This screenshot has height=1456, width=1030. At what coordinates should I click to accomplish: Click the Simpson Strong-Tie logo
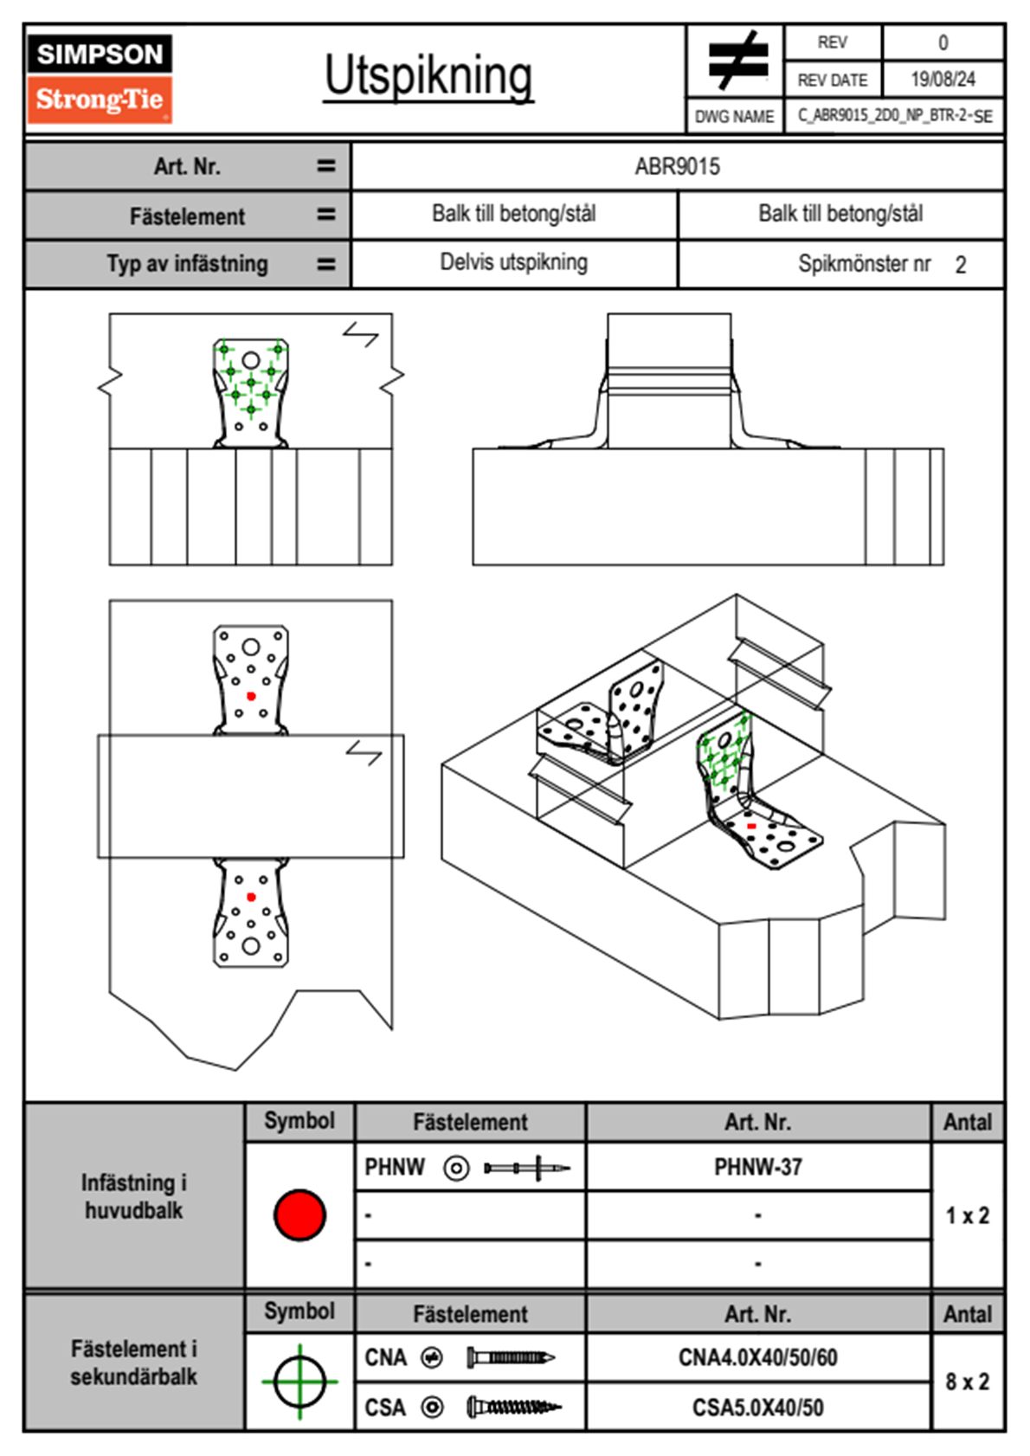100,79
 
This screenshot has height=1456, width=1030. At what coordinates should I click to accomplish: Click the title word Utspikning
428,77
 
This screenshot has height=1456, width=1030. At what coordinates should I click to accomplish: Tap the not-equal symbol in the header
738,60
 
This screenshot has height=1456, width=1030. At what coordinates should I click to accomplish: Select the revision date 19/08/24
943,80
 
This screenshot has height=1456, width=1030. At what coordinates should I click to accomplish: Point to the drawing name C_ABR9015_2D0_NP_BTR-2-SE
895,116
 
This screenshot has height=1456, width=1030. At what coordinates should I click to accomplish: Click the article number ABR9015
677,166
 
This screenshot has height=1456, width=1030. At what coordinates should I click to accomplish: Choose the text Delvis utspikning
513,262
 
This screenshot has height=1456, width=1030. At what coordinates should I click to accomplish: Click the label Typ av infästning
187,264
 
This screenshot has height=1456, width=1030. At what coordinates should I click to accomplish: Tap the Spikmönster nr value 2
961,265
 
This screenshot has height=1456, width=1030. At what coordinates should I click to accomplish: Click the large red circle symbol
299,1214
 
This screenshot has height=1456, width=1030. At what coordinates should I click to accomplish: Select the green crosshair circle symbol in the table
299,1382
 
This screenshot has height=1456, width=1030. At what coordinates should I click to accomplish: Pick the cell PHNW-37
757,1167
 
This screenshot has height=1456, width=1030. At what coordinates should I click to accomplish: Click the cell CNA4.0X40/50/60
757,1357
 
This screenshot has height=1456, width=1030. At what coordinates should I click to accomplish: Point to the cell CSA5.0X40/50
757,1408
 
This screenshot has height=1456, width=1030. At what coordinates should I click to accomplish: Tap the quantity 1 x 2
967,1214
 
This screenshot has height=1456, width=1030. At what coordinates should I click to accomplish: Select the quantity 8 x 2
967,1382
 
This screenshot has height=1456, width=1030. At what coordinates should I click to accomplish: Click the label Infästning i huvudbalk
134,1196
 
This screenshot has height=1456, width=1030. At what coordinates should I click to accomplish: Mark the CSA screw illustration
514,1408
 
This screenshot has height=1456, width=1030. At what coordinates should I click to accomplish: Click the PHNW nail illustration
527,1168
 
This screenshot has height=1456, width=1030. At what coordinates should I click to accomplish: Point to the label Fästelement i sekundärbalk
134,1363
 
